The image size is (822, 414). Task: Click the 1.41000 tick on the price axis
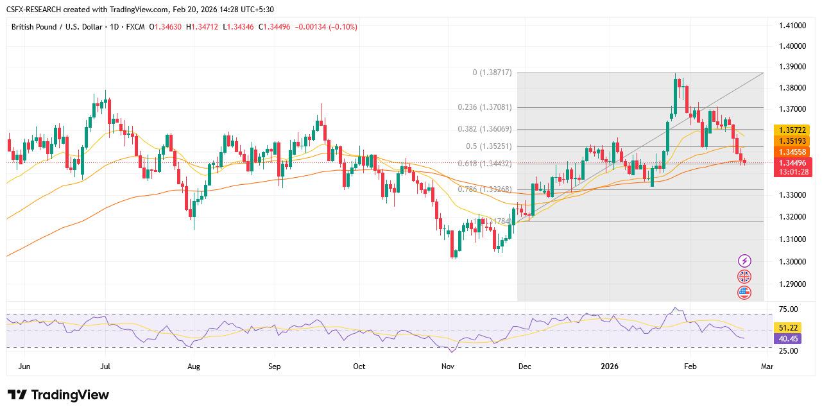792,26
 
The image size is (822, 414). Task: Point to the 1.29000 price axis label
792,284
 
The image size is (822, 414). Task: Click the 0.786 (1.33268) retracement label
484,189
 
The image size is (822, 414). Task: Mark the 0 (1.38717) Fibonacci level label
492,73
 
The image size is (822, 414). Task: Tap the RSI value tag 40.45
789,338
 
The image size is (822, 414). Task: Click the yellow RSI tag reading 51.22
789,327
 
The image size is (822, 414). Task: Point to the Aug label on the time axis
193,367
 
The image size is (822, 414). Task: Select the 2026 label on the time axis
608,367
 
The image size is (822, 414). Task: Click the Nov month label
448,367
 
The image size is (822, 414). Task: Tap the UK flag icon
744,277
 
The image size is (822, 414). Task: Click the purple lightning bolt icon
744,261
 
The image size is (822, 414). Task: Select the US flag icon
744,292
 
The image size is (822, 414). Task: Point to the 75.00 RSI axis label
789,309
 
